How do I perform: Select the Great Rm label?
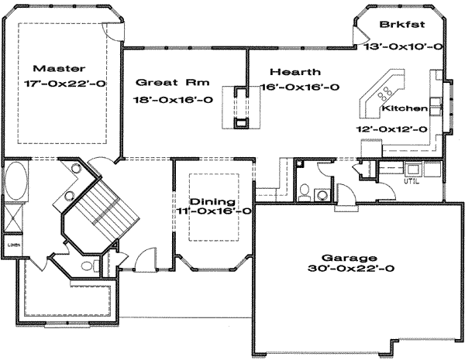pos(164,81)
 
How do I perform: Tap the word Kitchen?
pos(407,109)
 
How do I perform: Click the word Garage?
pos(352,258)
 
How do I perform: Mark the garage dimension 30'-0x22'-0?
pos(352,269)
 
